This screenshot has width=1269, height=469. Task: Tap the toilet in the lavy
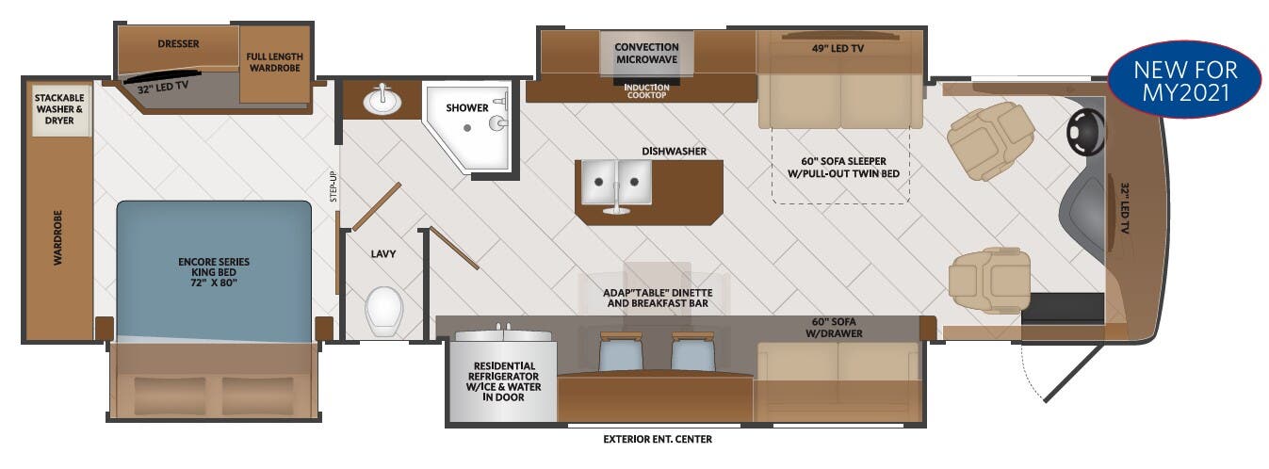click(383, 311)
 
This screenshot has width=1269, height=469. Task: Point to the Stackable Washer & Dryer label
click(60, 109)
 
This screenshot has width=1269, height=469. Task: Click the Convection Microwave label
click(646, 53)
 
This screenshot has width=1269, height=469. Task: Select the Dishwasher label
click(674, 151)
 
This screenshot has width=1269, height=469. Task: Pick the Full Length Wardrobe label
click(274, 63)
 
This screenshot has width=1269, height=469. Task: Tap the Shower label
click(467, 107)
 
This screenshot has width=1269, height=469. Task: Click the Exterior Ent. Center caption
click(658, 439)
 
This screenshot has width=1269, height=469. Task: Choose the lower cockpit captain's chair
click(990, 279)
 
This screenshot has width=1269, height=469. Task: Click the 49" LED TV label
click(838, 47)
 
